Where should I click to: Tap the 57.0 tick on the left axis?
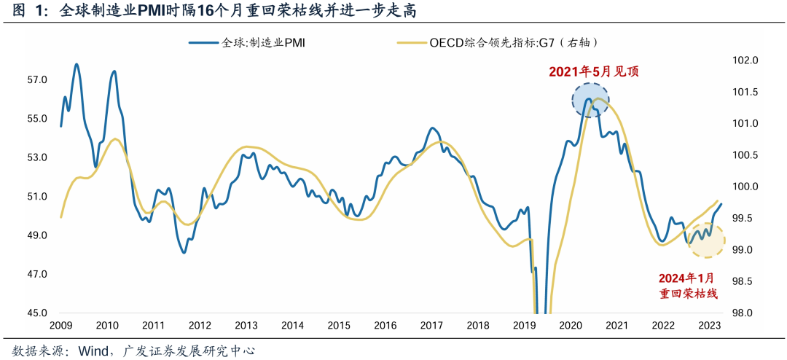point(37,79)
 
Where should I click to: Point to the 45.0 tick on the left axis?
point(37,313)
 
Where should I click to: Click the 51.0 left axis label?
point(37,197)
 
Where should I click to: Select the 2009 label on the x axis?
point(60,326)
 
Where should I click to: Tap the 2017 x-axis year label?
point(431,326)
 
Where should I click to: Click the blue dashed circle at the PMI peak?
point(590,101)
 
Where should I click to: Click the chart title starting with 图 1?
point(215,12)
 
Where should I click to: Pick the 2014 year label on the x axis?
point(292,326)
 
